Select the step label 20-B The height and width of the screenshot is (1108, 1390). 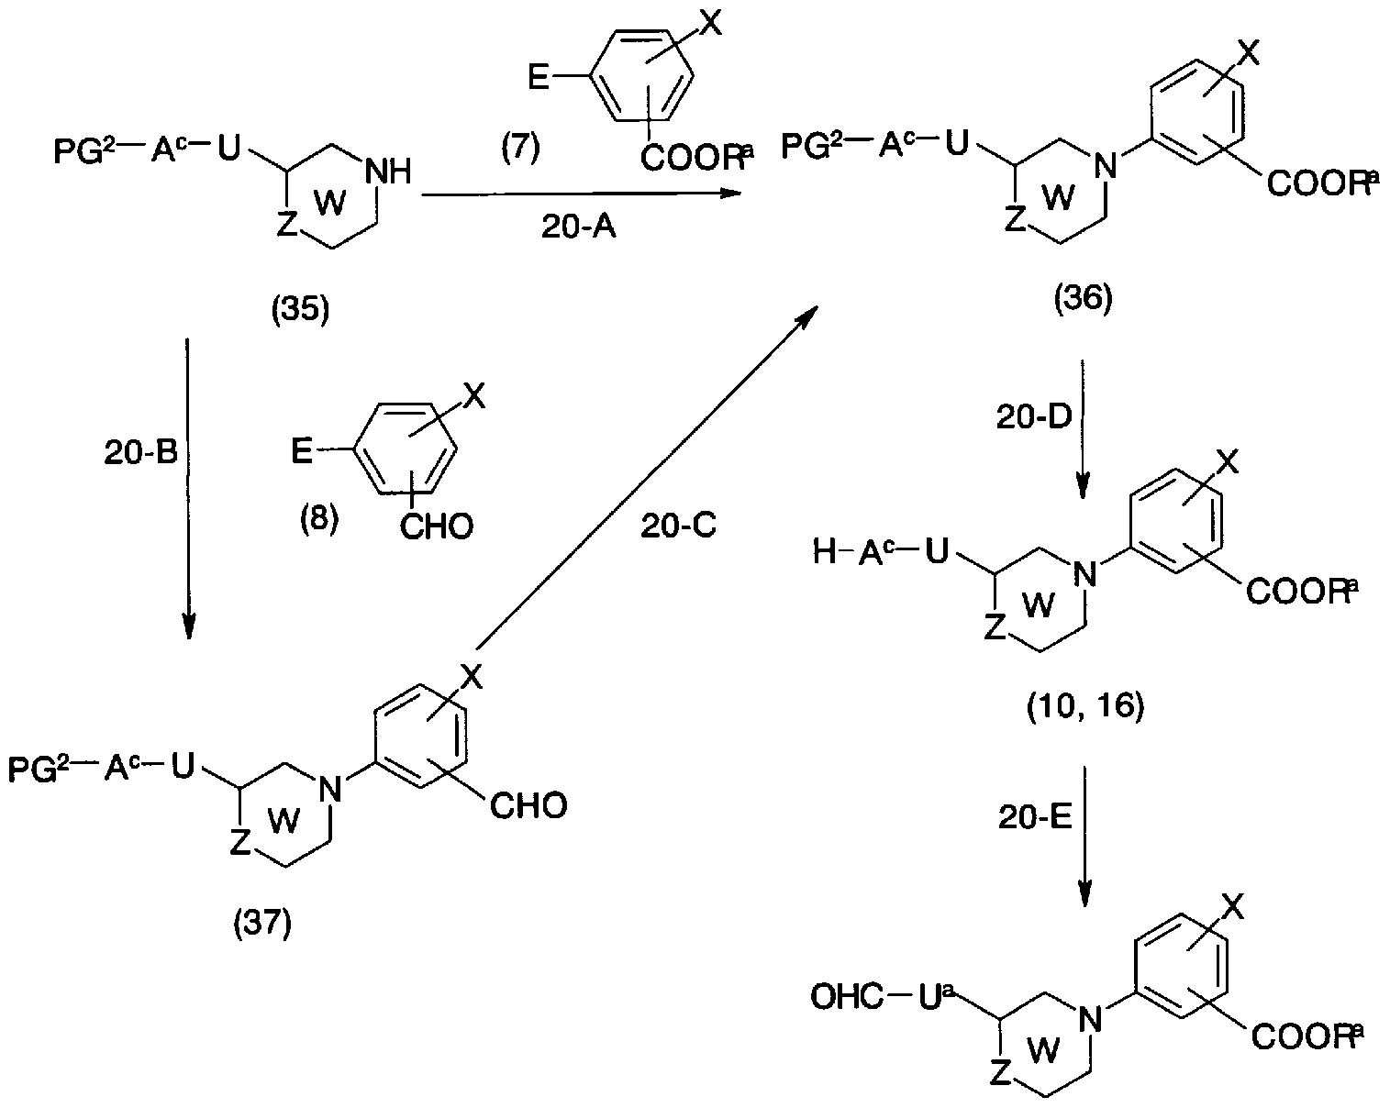click(x=140, y=452)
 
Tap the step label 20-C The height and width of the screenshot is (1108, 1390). click(x=678, y=526)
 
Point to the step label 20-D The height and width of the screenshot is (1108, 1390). click(x=1034, y=417)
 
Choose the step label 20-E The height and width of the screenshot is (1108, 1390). click(x=1036, y=817)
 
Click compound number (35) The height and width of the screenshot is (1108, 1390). click(x=300, y=309)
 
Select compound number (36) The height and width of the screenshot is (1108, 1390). click(x=1084, y=298)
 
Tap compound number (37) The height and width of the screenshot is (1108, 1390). click(x=263, y=922)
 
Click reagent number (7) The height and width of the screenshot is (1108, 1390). click(x=520, y=148)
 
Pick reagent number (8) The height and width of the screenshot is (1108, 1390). click(x=319, y=518)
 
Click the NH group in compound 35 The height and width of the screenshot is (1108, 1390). click(x=387, y=172)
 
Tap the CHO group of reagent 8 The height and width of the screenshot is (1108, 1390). click(x=437, y=526)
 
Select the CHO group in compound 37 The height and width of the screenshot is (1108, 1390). click(x=528, y=806)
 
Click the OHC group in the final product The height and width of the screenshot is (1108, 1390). click(x=847, y=997)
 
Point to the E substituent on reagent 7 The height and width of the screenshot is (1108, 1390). click(x=538, y=79)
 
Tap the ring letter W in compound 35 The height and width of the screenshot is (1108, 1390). click(x=330, y=203)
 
